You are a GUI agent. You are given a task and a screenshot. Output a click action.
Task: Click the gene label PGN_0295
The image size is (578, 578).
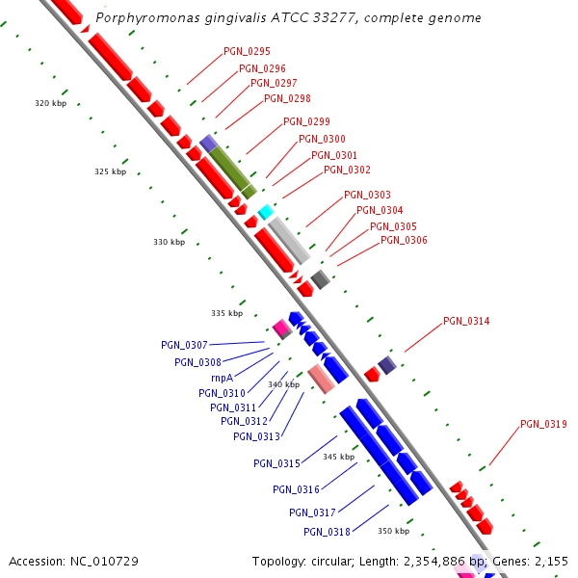coord(248,51)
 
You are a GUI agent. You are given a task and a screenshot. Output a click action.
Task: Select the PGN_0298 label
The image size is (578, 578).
coord(287,98)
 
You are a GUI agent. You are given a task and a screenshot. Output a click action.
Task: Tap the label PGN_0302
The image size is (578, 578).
coord(347,170)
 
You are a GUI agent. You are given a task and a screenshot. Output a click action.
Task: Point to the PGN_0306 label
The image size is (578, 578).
coord(404,240)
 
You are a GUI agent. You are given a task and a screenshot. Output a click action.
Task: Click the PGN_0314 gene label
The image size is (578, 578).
coord(466,321)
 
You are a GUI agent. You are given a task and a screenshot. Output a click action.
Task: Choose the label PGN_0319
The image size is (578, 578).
coord(543,424)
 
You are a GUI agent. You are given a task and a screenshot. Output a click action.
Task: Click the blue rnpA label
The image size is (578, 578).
coord(222,378)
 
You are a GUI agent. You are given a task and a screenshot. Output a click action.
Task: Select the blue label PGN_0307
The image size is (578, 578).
coord(184,345)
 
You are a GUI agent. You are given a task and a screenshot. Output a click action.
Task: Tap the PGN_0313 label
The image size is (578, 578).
coord(256,436)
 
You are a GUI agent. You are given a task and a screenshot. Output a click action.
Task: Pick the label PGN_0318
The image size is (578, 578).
coord(327,532)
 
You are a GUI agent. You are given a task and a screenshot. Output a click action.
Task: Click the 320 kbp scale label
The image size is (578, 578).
coord(50,103)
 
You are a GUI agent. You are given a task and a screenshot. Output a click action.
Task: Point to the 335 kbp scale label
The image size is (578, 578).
coord(227,313)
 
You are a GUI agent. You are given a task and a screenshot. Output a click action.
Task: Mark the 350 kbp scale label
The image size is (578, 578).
coord(393,531)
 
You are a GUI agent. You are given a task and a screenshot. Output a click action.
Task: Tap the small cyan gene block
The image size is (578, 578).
coord(266,212)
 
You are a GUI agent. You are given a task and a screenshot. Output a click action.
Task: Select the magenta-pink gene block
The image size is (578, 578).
coord(281,328)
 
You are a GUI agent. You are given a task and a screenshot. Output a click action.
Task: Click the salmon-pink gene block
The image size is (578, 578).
coord(322,379)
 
